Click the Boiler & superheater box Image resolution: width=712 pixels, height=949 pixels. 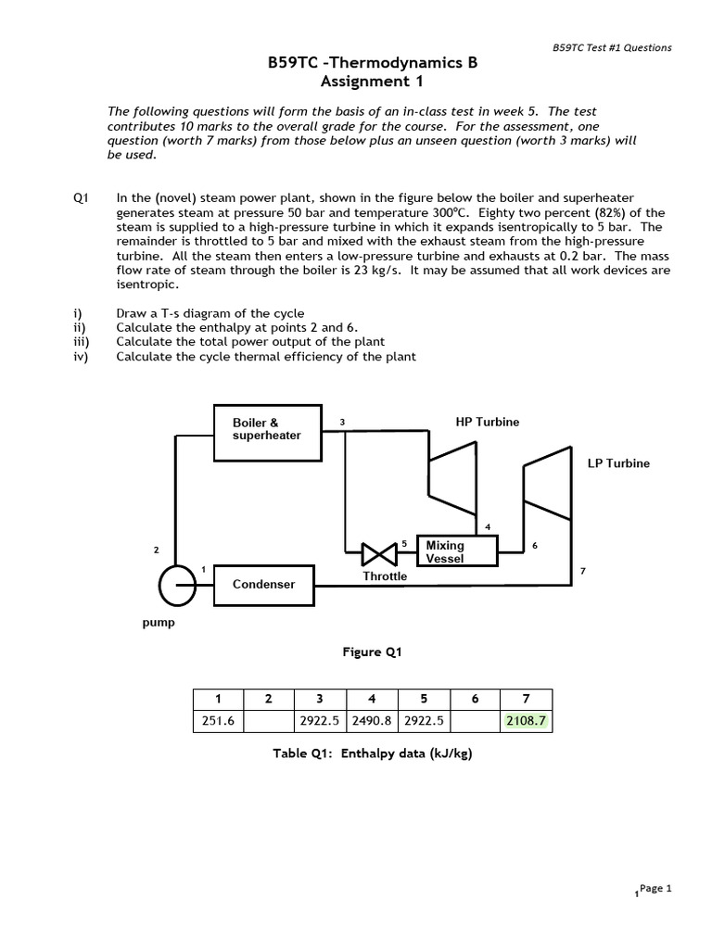coord(267,432)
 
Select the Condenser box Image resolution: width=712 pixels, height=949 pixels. coord(264,584)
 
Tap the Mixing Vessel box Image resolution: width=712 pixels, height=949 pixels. coord(457,552)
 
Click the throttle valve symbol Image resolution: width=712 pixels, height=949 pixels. coord(379,555)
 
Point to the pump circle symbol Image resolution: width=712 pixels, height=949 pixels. coord(176,584)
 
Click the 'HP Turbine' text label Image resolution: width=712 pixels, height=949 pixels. coord(488,422)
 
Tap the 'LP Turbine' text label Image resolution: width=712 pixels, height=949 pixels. coord(618,463)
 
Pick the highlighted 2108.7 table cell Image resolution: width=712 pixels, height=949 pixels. coord(526,721)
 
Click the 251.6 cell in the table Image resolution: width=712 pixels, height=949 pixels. coord(218,721)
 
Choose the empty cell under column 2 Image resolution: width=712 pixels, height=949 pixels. coord(268,721)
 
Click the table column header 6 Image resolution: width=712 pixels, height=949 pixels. coord(474,699)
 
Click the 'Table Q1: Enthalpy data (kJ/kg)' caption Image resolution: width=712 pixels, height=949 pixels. coord(372,753)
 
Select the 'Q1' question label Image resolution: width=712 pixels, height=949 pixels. coord(80,198)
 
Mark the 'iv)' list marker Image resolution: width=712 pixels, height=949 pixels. coord(80,356)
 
